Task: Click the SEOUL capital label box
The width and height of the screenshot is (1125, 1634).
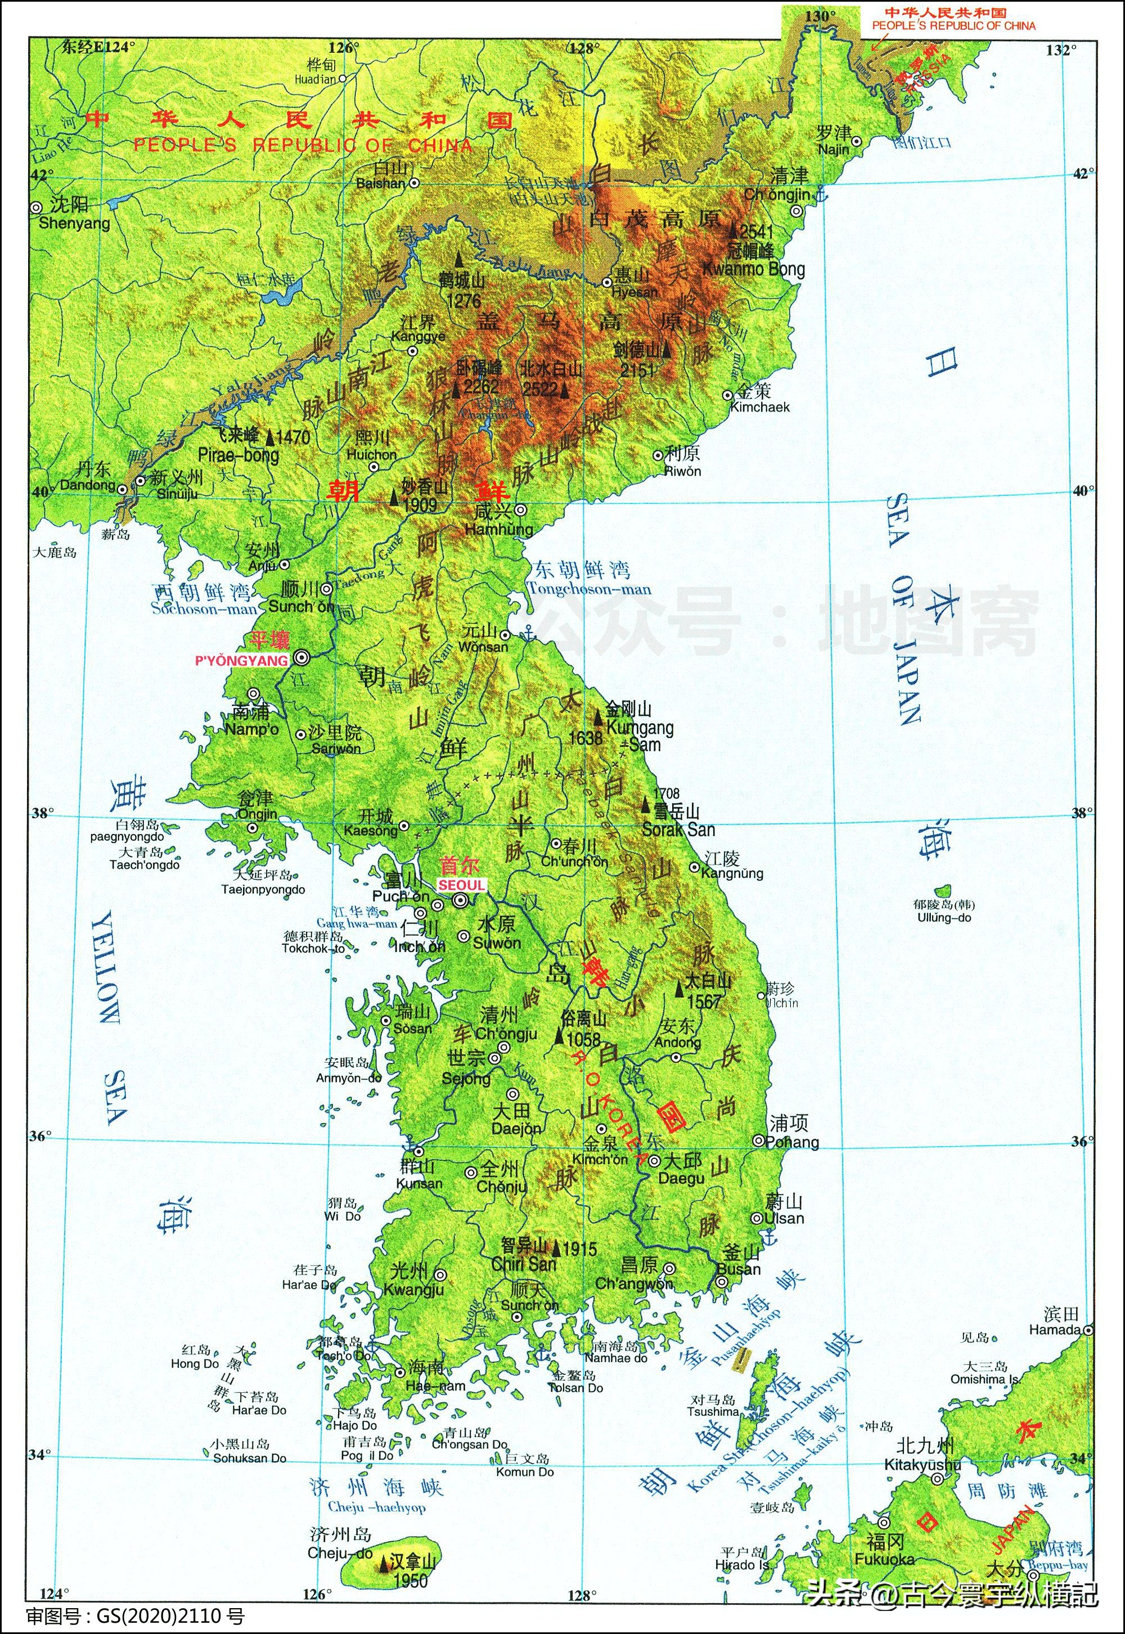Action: [462, 885]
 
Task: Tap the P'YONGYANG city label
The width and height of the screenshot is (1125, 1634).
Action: [242, 660]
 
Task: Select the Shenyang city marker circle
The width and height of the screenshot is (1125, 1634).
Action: [36, 207]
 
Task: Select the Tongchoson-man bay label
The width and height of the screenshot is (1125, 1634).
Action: [589, 589]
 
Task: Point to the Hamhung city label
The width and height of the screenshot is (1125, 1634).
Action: [499, 529]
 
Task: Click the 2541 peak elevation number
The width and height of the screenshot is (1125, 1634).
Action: [757, 232]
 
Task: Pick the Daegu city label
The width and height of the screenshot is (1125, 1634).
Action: [681, 1178]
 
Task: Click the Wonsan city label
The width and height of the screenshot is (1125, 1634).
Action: [483, 647]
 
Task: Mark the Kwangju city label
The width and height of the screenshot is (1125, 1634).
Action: [414, 1290]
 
